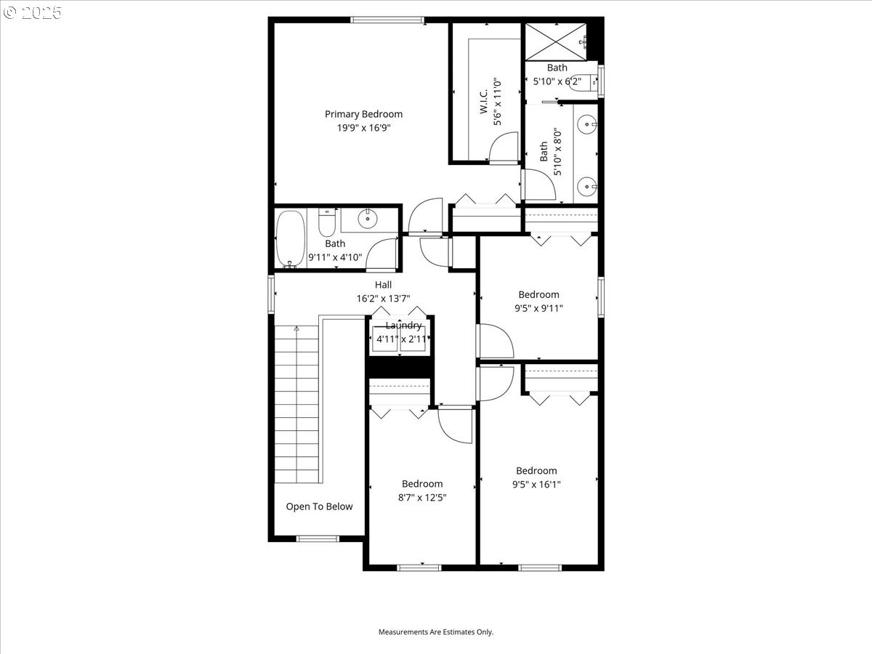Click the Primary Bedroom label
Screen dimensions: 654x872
point(363,114)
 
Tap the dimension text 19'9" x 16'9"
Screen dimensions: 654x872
point(363,128)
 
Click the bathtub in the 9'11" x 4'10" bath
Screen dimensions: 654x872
point(291,239)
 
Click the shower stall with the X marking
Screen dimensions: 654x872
point(556,42)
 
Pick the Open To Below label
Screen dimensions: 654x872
point(319,506)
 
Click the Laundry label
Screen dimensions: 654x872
point(403,326)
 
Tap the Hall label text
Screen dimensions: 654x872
point(383,285)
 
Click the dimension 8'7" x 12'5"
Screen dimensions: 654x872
point(422,498)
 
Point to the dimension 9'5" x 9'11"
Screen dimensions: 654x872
point(538,308)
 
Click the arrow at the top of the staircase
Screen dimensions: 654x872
point(296,329)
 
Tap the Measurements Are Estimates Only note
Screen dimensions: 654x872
point(435,632)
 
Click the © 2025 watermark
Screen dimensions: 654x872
point(33,13)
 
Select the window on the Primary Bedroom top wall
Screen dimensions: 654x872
point(388,20)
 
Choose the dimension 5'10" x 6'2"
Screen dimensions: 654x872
point(557,81)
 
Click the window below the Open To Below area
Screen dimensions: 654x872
point(318,538)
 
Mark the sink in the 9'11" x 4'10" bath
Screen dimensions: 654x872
point(368,217)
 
